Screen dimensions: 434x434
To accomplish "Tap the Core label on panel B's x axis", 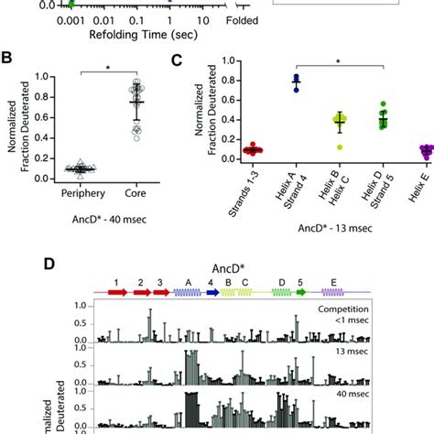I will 137,195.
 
